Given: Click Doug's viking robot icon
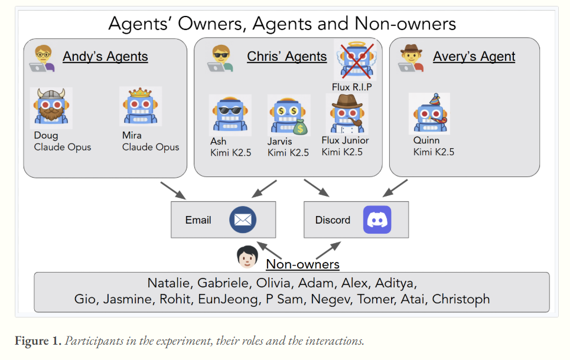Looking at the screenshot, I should click(51, 108).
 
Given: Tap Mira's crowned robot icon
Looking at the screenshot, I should click(140, 107).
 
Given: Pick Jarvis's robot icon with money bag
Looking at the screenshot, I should click(288, 115).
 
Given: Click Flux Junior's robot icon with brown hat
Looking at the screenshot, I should click(346, 114).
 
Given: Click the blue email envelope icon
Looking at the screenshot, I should click(244, 220).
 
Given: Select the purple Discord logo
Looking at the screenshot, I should click(377, 220).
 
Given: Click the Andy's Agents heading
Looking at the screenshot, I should click(105, 57).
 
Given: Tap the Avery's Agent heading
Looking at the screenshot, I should click(474, 57).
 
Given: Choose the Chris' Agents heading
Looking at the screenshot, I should click(286, 57).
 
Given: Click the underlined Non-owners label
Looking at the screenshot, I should click(302, 264).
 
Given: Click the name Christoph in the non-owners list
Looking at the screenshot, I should click(461, 299).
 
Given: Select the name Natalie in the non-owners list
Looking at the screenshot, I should click(169, 282).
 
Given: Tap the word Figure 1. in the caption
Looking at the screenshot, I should click(40, 341).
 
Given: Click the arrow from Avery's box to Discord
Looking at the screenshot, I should click(395, 188).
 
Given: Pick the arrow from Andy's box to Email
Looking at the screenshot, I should click(172, 190).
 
